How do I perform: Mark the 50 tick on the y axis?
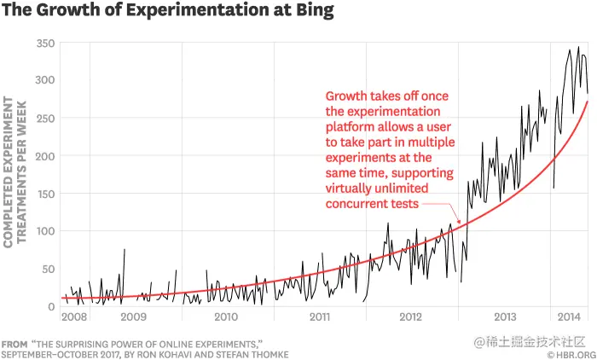click(47, 268)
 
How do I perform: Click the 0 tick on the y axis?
click(50, 305)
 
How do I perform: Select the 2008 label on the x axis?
click(74, 317)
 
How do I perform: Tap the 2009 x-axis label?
click(134, 317)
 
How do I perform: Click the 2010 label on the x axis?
click(225, 317)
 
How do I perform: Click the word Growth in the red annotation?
click(348, 96)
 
